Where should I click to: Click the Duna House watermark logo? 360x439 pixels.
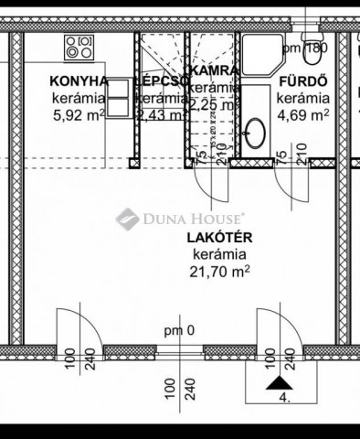pyautogui.click(x=178, y=218)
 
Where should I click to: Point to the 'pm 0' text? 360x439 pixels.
pyautogui.click(x=179, y=330)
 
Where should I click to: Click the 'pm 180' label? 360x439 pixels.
pyautogui.click(x=304, y=48)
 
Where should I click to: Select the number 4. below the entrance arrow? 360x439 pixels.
pyautogui.click(x=284, y=399)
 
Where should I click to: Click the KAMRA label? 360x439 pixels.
pyautogui.click(x=213, y=70)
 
